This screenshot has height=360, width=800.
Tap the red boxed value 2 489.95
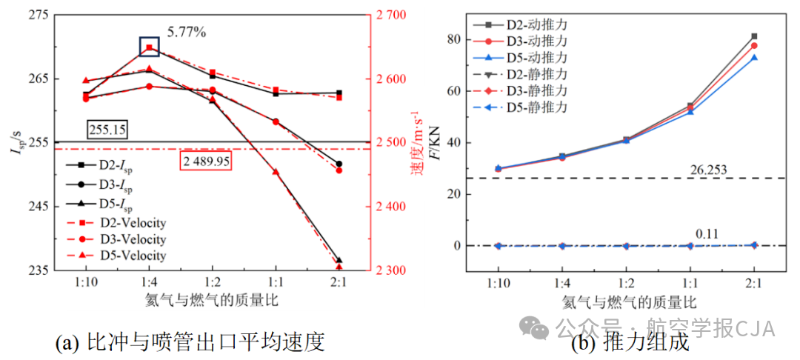(x=206, y=161)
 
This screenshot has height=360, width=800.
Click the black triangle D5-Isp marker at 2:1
(x=339, y=261)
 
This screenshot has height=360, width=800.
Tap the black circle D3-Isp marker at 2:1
(x=339, y=164)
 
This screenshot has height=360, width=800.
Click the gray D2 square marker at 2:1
(x=754, y=36)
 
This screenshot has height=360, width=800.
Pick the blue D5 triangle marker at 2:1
(x=754, y=58)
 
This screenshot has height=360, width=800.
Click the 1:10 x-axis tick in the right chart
(x=498, y=283)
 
